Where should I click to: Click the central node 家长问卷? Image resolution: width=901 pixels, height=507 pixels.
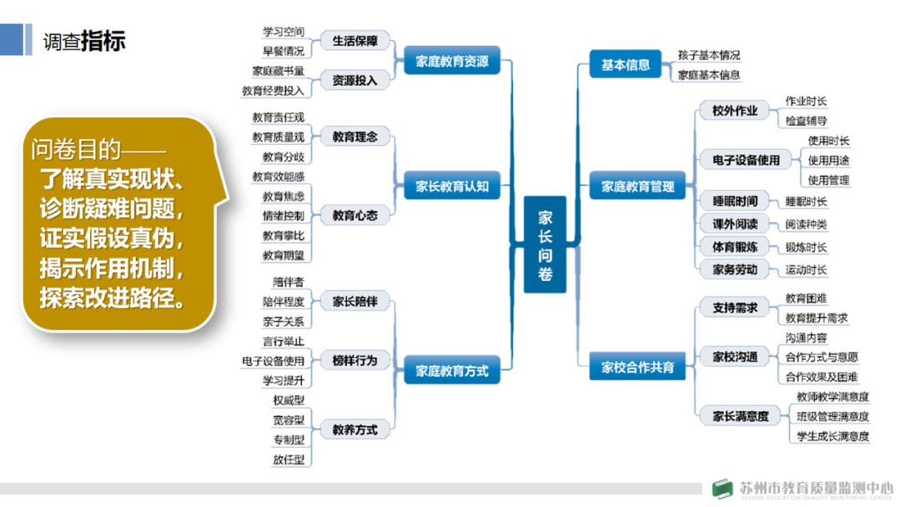point(545,244)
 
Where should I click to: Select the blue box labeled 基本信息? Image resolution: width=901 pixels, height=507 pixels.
point(625,64)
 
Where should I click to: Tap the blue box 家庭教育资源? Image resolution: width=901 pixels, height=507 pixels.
point(451,61)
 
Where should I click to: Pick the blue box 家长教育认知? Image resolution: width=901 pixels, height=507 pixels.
point(451,187)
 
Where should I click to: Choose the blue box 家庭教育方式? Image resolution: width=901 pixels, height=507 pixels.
point(451,371)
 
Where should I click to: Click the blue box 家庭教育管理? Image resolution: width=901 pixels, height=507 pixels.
point(637,187)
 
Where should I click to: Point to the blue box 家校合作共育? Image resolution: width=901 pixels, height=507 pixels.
point(637,367)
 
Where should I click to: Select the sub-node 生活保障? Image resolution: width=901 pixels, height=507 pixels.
point(355,41)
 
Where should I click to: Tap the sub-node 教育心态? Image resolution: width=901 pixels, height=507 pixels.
point(355,215)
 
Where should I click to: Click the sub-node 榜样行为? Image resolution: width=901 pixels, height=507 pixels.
point(355,361)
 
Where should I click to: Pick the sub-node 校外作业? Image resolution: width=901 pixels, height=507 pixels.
point(734,111)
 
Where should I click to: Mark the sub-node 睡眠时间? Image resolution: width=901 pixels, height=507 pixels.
point(734,201)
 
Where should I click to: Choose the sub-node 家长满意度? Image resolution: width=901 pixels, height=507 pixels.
point(734,415)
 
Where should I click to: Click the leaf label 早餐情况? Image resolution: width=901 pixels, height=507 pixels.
point(283,51)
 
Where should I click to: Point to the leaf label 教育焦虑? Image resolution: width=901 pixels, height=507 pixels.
point(283,196)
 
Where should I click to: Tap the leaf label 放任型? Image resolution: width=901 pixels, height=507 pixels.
point(288,459)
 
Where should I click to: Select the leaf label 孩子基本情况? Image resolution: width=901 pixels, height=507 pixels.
point(708,55)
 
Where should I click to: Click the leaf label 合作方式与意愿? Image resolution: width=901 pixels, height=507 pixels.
point(821,357)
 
